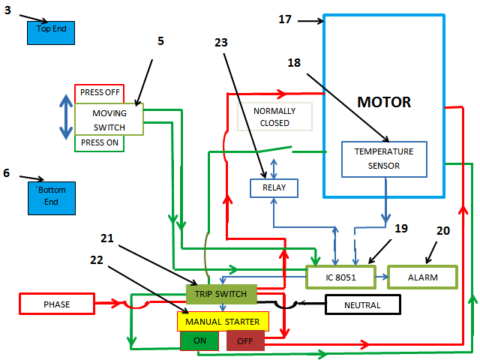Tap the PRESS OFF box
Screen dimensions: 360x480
click(99, 94)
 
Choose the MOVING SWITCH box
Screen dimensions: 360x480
click(109, 120)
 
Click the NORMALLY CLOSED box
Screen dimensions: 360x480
click(274, 116)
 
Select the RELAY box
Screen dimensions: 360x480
click(274, 188)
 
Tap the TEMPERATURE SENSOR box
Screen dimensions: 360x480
click(384, 159)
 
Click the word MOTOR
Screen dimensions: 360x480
click(384, 102)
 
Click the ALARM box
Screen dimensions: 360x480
click(422, 277)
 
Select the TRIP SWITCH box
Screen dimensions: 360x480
click(221, 293)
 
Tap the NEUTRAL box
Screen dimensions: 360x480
click(362, 304)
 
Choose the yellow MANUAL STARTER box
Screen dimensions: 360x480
click(223, 321)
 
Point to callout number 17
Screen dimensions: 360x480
click(285, 19)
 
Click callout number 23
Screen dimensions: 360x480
click(220, 43)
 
